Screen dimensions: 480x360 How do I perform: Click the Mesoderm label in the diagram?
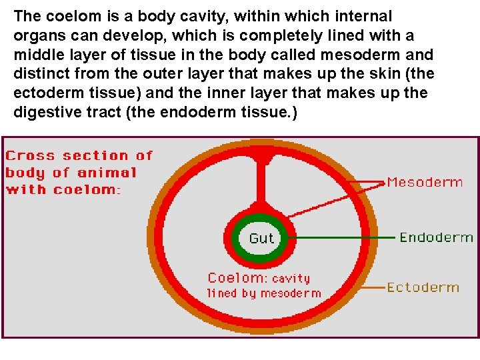point(425,182)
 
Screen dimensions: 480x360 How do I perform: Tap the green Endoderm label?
point(436,237)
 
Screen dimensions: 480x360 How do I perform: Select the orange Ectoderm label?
point(423,287)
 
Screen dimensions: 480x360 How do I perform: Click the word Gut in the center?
point(261,238)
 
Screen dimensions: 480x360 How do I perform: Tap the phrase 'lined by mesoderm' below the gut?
point(263,293)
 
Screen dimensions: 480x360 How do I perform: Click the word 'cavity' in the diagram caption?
point(291,279)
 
